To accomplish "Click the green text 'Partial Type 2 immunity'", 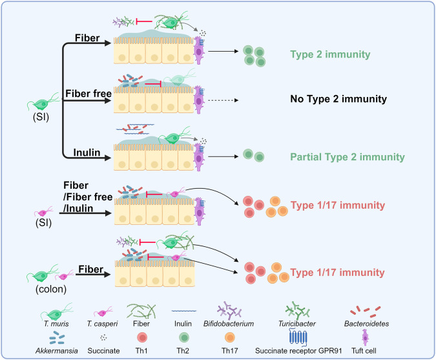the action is [348, 157].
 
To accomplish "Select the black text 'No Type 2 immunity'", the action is [338, 99].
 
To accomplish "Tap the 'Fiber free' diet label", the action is [88, 94].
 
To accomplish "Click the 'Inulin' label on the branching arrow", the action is [87, 153].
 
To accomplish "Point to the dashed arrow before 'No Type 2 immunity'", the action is [223, 100].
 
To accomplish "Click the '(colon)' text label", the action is [51, 290].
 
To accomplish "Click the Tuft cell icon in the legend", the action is [365, 337].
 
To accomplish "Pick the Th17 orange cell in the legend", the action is [230, 338].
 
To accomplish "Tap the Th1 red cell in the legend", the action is [142, 338].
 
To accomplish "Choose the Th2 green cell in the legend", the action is [184, 338].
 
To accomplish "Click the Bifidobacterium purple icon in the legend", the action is [229, 310].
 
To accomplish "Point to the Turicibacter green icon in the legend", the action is [297, 310].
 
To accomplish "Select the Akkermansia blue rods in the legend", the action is [57, 337].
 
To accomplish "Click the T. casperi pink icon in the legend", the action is [103, 312].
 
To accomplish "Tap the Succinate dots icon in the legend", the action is [103, 337].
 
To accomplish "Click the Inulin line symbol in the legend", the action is [184, 311].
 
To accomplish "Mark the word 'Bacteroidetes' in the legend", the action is [366, 324].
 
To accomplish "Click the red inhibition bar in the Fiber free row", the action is [153, 83].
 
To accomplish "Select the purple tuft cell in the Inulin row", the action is [198, 157].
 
